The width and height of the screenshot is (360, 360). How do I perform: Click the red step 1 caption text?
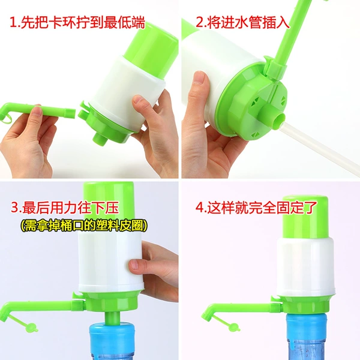[x=77, y=22]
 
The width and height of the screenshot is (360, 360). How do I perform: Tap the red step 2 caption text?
[x=242, y=22]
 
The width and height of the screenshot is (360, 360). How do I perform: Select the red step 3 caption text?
[x=65, y=208]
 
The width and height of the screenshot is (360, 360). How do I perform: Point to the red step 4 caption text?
[x=256, y=208]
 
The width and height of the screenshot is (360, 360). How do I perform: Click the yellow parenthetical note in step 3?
[x=84, y=226]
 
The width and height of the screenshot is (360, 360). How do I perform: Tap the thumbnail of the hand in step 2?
[x=199, y=78]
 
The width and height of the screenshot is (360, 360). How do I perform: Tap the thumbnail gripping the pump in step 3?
[x=136, y=264]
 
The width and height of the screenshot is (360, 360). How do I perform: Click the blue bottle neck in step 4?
[x=307, y=326]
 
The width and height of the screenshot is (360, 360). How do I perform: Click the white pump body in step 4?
[x=305, y=267]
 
